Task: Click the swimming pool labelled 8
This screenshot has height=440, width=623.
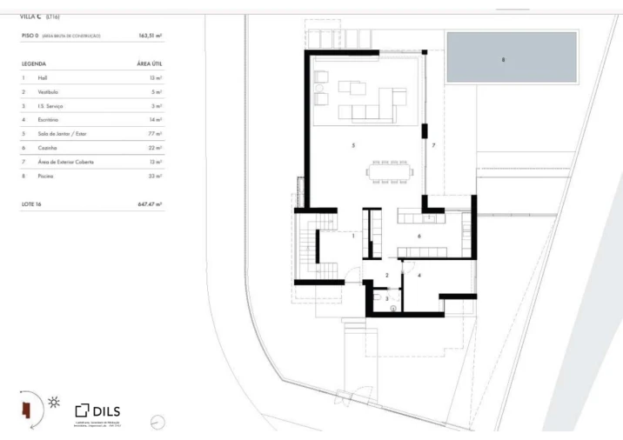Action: (512, 57)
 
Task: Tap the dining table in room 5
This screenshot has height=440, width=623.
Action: (390, 171)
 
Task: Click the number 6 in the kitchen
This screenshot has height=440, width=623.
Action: (419, 236)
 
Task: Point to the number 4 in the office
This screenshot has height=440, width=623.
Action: (419, 275)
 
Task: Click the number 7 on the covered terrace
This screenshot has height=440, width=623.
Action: (432, 144)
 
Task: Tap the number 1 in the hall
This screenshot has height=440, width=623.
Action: (353, 236)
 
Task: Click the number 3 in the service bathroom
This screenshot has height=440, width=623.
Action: (376, 297)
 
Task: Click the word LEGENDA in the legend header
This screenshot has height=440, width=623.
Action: (34, 64)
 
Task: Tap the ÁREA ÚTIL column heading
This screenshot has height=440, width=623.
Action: (150, 64)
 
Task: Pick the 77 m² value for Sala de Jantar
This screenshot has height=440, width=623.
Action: (156, 134)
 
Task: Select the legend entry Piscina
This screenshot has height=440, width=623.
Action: (46, 176)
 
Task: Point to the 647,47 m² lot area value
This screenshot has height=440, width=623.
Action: (151, 203)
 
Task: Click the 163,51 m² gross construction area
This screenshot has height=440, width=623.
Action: (151, 36)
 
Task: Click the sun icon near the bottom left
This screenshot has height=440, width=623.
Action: (55, 402)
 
